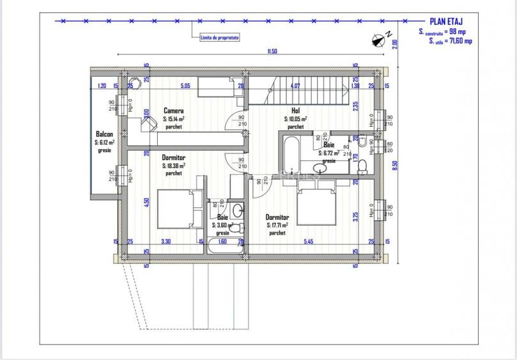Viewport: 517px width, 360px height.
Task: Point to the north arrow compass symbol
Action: [377, 40]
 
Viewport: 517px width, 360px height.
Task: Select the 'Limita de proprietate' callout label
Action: [219, 38]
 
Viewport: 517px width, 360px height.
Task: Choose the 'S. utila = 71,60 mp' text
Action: [450, 41]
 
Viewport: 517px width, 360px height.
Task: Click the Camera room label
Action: [173, 111]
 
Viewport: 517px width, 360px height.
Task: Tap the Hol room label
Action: [295, 111]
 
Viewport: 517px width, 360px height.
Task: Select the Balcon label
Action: [104, 134]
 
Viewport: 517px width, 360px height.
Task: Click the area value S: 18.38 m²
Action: [173, 165]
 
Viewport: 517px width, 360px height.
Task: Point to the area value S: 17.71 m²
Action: [277, 225]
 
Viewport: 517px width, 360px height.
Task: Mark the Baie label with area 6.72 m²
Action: [328, 146]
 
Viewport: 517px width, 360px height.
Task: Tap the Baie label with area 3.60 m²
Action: [222, 217]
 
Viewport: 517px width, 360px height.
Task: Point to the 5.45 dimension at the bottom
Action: [308, 242]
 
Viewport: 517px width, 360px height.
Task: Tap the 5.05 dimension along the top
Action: [185, 86]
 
